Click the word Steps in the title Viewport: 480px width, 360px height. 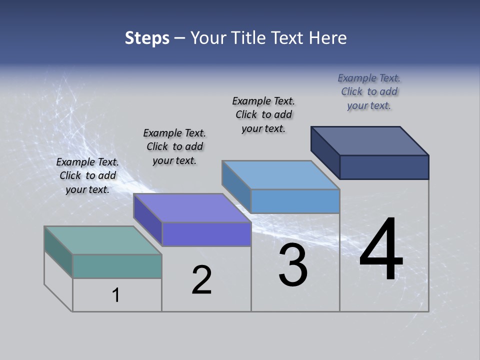(147, 38)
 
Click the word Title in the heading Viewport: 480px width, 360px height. (250, 38)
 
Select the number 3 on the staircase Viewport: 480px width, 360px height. (293, 265)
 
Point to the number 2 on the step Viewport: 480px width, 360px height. (202, 280)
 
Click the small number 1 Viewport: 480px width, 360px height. (116, 295)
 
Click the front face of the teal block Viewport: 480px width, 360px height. (117, 266)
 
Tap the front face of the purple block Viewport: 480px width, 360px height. (206, 234)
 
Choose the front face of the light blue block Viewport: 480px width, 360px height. (295, 201)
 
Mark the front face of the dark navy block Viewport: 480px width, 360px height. (384, 167)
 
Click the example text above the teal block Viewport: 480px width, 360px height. (87, 175)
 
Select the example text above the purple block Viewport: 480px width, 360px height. (174, 146)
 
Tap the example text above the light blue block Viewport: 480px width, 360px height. (263, 114)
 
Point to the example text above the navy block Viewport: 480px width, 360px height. (369, 91)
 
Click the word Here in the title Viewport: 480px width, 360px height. (327, 38)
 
